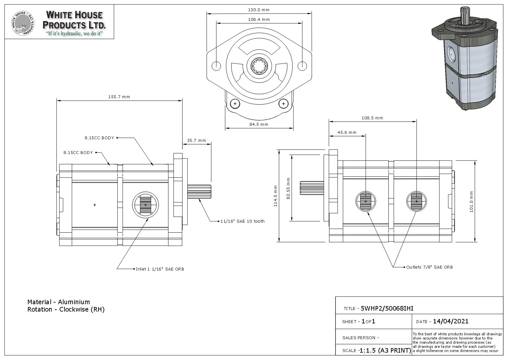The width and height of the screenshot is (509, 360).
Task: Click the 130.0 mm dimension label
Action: pyautogui.click(x=259, y=10)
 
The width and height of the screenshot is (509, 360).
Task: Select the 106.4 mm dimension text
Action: pyautogui.click(x=259, y=20)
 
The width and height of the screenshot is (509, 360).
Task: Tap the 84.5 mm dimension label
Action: pyautogui.click(x=259, y=124)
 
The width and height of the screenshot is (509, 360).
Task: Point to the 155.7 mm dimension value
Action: pyautogui.click(x=119, y=97)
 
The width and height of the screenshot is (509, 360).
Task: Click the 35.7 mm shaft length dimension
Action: pyautogui.click(x=196, y=141)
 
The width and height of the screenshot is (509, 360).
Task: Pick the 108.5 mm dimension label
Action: pyautogui.click(x=372, y=118)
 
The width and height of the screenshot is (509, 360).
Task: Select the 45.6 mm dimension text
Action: pyautogui.click(x=347, y=133)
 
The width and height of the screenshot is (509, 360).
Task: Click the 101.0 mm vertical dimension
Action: pyautogui.click(x=471, y=201)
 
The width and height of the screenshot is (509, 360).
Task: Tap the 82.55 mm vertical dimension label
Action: pyautogui.click(x=288, y=188)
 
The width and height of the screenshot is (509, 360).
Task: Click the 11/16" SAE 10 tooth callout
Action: pyautogui.click(x=242, y=221)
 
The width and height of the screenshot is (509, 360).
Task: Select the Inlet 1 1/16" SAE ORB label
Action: pyautogui.click(x=160, y=269)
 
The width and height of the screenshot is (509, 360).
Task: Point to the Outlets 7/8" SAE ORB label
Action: pyautogui.click(x=429, y=267)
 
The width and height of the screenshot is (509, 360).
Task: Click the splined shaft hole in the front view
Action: pyautogui.click(x=259, y=66)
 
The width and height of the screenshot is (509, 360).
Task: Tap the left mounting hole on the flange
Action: pyautogui.click(x=216, y=66)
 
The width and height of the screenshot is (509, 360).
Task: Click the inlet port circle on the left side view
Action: pyautogui.click(x=145, y=204)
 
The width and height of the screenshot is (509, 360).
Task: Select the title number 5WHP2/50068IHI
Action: pyautogui.click(x=387, y=309)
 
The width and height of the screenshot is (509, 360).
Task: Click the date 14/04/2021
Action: pyautogui.click(x=450, y=321)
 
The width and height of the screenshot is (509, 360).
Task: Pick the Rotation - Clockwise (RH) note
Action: pyautogui.click(x=66, y=310)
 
